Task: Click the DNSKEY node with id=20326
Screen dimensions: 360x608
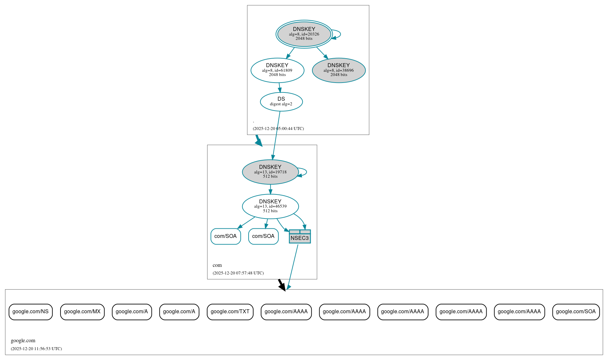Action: [304, 34]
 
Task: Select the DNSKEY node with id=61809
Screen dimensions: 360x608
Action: [277, 70]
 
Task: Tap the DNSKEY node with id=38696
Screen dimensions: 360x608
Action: [339, 70]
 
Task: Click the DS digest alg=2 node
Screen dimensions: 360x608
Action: [281, 102]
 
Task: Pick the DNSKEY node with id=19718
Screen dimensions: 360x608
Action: [270, 172]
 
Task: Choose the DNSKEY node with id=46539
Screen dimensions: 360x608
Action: [270, 206]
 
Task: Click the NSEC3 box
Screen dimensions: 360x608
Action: [300, 237]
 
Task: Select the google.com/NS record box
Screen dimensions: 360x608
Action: [31, 312]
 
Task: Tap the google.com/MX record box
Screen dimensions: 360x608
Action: [82, 312]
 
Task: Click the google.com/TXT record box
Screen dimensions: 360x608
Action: [230, 312]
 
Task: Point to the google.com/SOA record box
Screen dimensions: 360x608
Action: [576, 312]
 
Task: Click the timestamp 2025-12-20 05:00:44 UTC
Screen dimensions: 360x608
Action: [278, 129]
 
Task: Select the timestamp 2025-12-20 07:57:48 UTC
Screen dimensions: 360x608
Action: [238, 273]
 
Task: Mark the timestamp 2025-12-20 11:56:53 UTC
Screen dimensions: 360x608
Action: [36, 349]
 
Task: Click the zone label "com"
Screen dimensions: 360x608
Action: [217, 265]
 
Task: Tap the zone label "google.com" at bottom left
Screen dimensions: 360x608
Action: [23, 341]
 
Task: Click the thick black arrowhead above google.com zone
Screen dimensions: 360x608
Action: [282, 287]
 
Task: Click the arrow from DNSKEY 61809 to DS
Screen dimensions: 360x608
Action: [280, 88]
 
